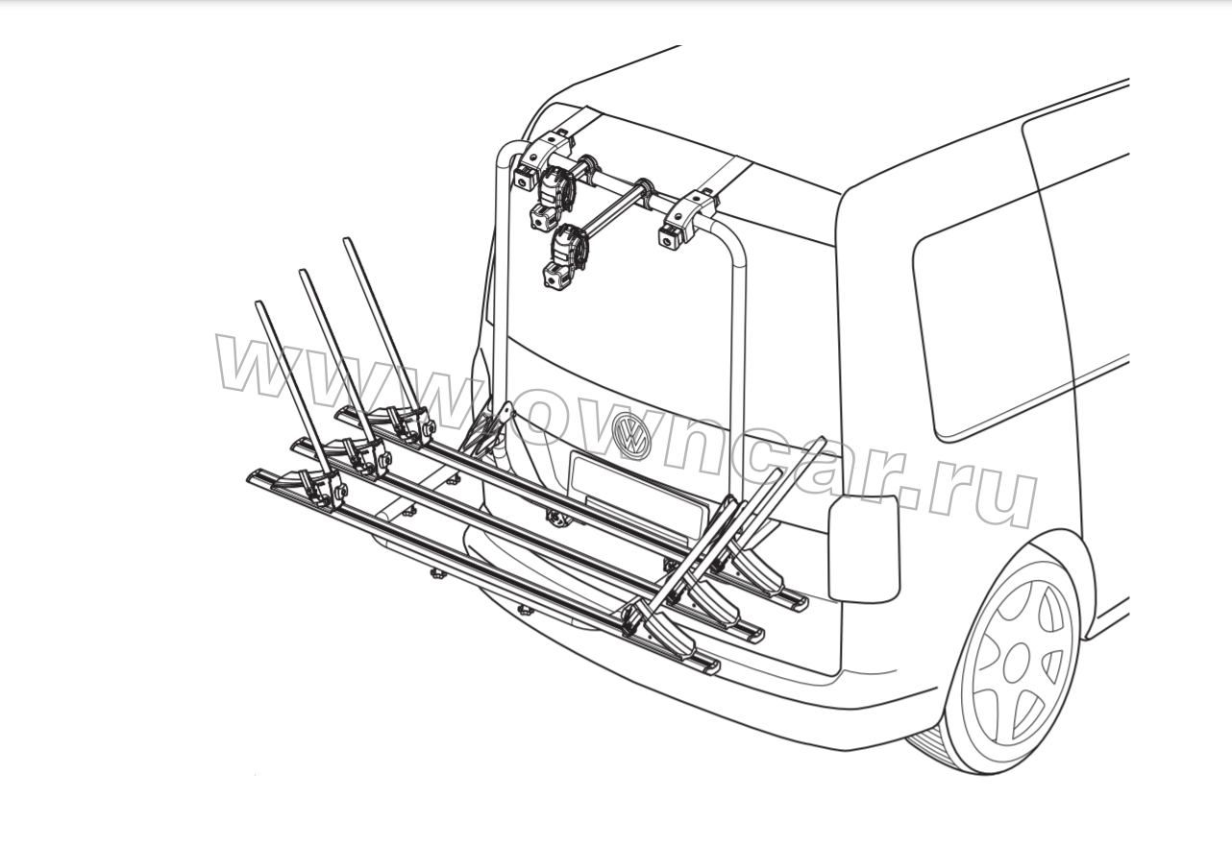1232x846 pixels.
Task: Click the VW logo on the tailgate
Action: click(x=631, y=434)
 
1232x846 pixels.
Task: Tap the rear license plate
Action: click(x=638, y=493)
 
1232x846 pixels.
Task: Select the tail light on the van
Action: click(x=864, y=547)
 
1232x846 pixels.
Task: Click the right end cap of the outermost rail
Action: click(x=708, y=666)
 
